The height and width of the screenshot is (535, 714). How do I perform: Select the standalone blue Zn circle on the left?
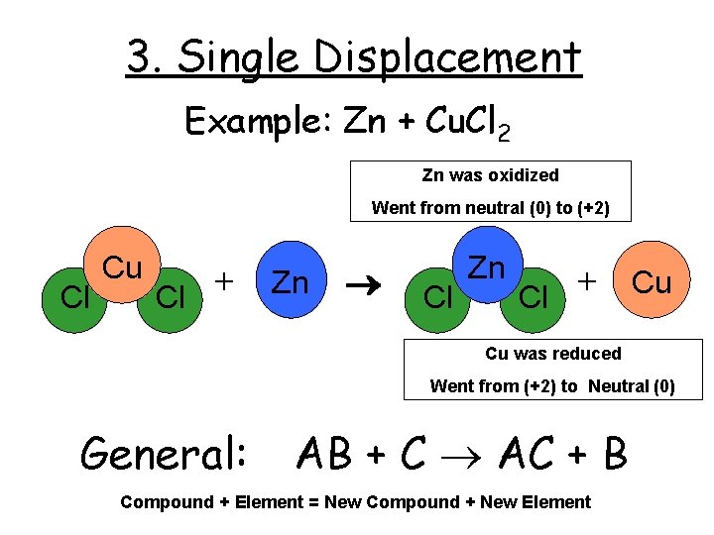coord(291,282)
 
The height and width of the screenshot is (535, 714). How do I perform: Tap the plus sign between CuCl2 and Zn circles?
coord(226,281)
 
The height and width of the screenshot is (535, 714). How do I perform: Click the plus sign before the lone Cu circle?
coord(589,281)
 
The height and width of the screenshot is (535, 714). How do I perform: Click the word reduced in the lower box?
coord(587,354)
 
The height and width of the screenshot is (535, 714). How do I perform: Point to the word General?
coord(165,454)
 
